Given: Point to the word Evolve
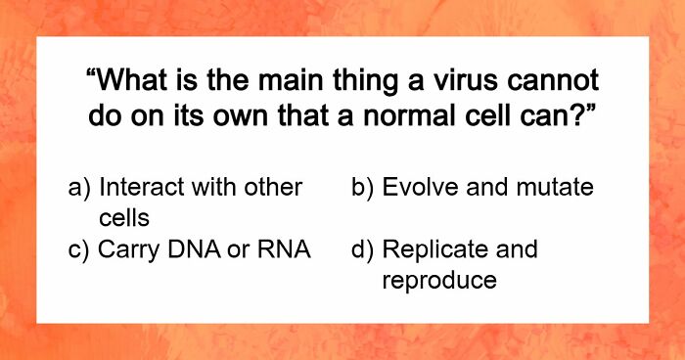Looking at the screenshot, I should pos(421,187).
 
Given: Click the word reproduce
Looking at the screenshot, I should pos(439,281).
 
